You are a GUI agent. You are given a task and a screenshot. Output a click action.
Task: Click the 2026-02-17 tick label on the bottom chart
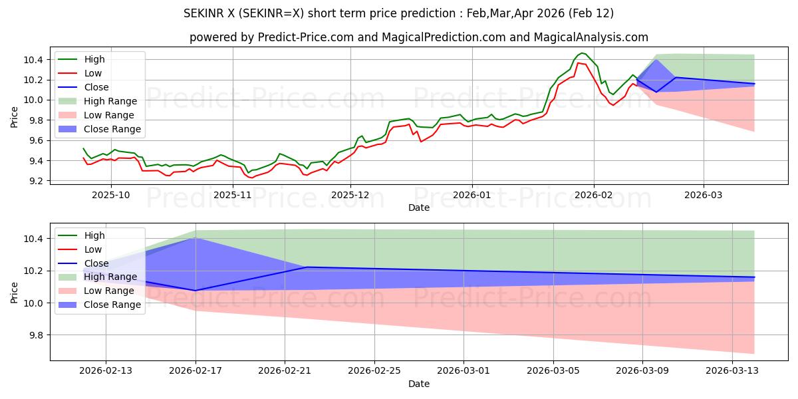point(196,371)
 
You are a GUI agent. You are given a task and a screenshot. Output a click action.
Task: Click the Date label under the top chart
point(419,207)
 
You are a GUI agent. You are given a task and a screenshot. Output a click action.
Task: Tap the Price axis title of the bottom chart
point(15,291)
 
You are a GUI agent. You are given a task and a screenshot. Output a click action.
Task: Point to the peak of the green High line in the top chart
point(582,53)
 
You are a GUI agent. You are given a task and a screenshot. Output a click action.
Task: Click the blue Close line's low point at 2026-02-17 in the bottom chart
point(196,291)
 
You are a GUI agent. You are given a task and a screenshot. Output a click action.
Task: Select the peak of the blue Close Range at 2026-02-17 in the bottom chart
point(194,238)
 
